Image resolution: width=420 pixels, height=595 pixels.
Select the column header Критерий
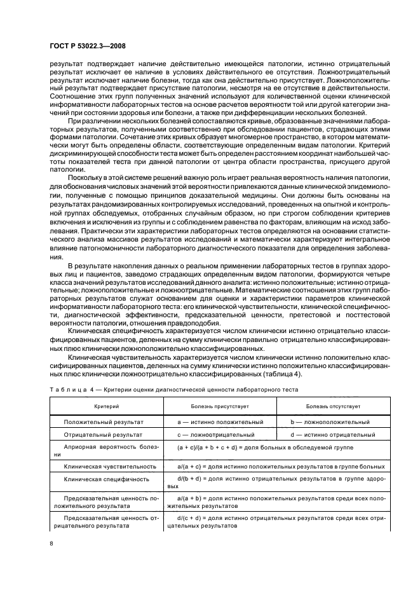coord(105,405)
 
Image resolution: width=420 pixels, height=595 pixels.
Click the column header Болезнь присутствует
coord(219,405)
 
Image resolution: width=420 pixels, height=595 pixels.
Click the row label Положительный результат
coord(104,421)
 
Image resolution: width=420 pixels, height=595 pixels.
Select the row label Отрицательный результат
coord(104,435)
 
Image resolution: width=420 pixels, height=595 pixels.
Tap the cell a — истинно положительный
coord(220,421)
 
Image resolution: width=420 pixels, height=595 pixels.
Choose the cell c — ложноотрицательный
coord(220,435)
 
